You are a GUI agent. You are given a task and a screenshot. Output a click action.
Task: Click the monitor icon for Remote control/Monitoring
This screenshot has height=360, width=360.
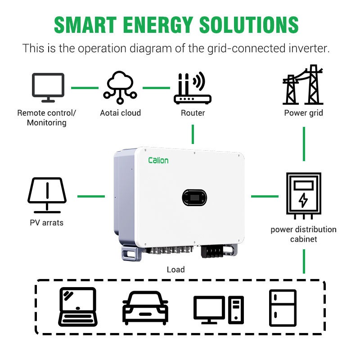[x=48, y=85]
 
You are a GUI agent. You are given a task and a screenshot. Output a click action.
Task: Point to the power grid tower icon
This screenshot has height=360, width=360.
[x=303, y=85]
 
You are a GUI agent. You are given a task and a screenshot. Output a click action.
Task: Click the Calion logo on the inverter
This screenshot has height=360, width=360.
[x=158, y=160]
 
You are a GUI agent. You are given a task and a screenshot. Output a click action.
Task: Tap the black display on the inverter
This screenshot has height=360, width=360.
[x=195, y=197]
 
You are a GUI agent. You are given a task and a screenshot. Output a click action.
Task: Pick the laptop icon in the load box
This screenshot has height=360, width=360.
[x=77, y=306]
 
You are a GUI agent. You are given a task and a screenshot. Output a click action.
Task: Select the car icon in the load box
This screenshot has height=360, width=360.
[x=145, y=308]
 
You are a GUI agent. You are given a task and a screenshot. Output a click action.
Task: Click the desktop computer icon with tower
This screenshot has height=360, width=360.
[x=218, y=310]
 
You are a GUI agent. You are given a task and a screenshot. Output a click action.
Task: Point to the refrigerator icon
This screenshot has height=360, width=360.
[x=283, y=308]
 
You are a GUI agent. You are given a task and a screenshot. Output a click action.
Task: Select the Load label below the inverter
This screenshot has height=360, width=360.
[x=175, y=270]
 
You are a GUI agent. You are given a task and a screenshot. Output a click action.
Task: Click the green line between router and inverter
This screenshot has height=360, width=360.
[x=193, y=134]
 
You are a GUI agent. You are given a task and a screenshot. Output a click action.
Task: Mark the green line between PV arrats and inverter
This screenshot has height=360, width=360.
[x=91, y=196]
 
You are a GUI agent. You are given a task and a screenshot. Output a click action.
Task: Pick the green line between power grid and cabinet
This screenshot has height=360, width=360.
[x=304, y=144]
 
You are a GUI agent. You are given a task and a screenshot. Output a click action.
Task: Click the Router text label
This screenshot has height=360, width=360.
[x=193, y=113]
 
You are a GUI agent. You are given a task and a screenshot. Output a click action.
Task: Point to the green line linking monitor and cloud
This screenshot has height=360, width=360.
[x=85, y=88]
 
